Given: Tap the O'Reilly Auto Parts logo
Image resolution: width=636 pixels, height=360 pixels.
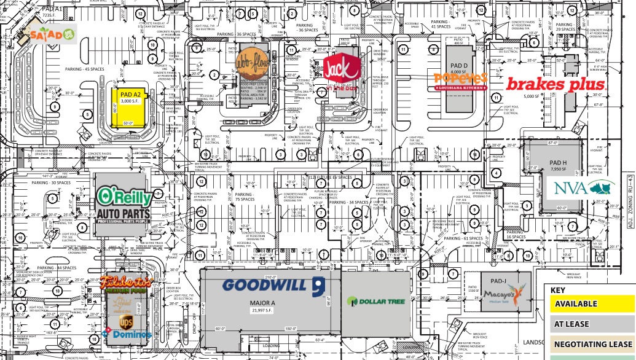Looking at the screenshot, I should tap(123, 205).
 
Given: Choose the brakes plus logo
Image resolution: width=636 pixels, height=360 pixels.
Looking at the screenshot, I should tap(556, 84).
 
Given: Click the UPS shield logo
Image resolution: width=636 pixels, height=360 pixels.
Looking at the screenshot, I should tap(126, 321).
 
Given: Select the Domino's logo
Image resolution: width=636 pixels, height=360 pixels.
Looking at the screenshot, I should tap(129, 334).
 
